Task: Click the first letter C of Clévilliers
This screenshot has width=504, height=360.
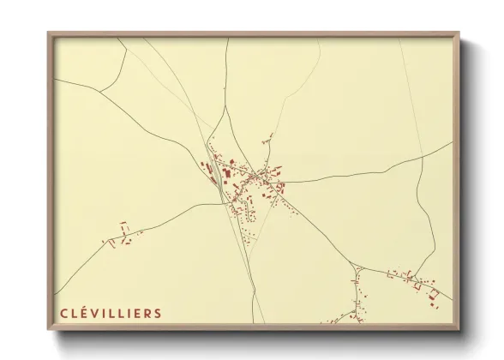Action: [x=63, y=313]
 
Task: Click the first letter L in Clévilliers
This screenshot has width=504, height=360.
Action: [x=73, y=313]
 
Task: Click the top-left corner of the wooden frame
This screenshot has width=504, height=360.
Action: [x=49, y=33]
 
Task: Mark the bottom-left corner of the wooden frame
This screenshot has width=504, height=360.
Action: [x=49, y=328]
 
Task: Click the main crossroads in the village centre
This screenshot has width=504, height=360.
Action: [x=255, y=176]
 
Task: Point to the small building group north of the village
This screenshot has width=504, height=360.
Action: [x=268, y=138]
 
